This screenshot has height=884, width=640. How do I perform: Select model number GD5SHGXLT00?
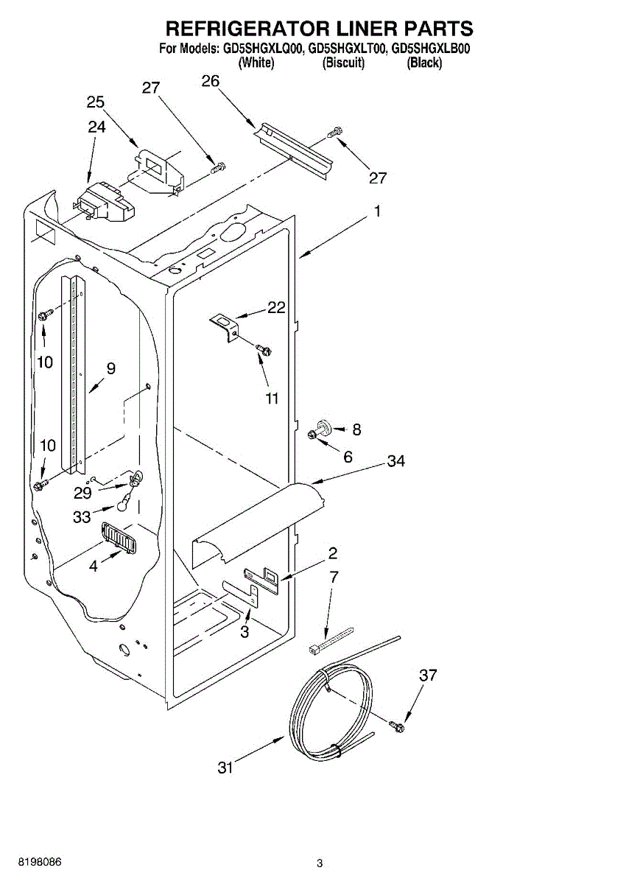click(346, 50)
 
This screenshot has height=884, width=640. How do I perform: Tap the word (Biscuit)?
click(343, 63)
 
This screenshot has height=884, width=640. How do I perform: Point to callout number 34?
click(395, 461)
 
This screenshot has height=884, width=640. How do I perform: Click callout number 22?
click(276, 308)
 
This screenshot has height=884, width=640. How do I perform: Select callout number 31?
click(225, 768)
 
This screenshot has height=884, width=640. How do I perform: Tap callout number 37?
click(429, 675)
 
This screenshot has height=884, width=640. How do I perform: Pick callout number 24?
click(96, 127)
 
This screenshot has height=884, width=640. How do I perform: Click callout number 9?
click(110, 368)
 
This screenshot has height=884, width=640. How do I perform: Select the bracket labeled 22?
click(224, 324)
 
